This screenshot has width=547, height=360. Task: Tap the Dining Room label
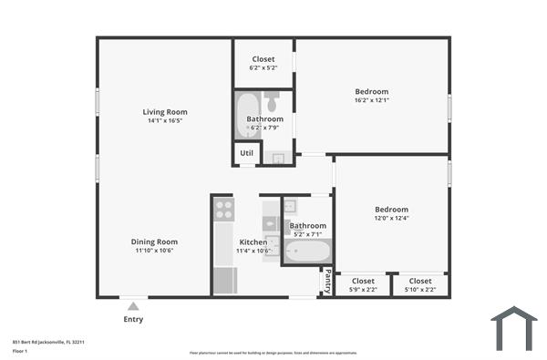click(x=154, y=242)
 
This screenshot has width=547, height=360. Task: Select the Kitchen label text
click(x=253, y=242)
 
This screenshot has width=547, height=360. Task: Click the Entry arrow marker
click(x=133, y=307)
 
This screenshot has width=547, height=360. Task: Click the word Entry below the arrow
click(x=133, y=320)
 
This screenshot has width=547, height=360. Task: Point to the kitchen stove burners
click(x=223, y=211)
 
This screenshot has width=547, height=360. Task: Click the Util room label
click(x=247, y=154)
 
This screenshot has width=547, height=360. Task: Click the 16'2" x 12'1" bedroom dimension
click(x=371, y=100)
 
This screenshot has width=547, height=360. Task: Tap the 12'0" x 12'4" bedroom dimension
click(x=391, y=217)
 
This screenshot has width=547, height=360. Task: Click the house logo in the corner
click(x=513, y=328)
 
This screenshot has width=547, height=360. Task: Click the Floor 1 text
click(x=20, y=351)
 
